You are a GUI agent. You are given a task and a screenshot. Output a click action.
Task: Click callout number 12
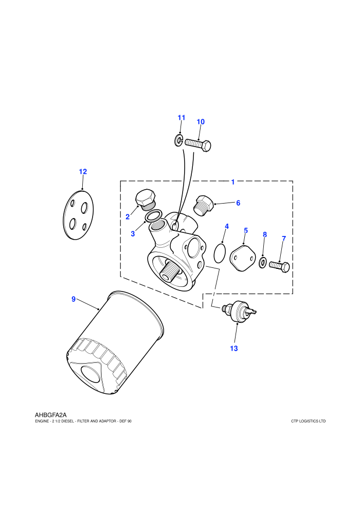pos(83,171)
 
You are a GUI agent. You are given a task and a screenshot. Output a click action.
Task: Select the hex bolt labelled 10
pos(198,144)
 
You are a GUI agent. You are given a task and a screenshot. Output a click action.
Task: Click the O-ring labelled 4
pos(220,253)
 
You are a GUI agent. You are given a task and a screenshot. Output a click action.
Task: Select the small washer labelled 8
pos(263,262)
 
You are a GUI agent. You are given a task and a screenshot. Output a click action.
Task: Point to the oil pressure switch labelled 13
pos(240,311)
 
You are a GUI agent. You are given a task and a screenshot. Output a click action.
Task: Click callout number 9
pos(74,299)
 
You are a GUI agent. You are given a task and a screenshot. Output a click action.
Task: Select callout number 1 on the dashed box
pos(233,182)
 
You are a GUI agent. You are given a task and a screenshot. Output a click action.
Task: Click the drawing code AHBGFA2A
pos(50,415)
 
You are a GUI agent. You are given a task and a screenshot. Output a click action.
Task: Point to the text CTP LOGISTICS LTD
pos(309,422)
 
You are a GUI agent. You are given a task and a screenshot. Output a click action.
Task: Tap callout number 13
pos(233,348)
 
